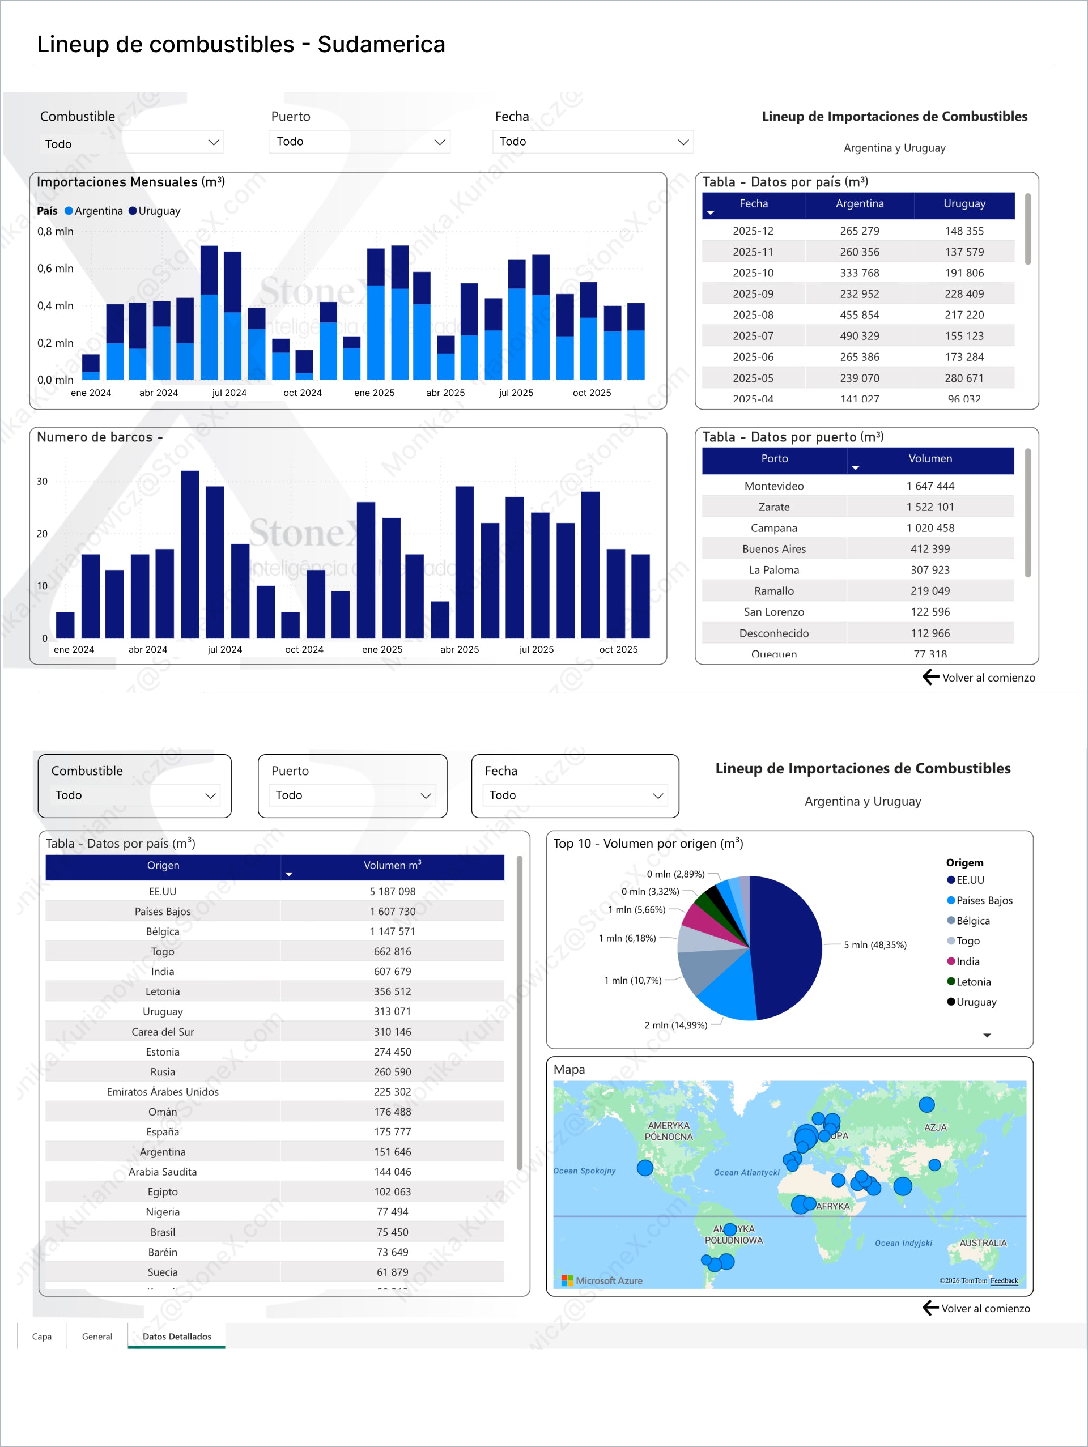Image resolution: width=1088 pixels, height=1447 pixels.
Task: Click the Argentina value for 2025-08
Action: click(x=859, y=314)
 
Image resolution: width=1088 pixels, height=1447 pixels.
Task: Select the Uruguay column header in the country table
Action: click(x=964, y=204)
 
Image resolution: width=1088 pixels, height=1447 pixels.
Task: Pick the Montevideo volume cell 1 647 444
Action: click(x=930, y=486)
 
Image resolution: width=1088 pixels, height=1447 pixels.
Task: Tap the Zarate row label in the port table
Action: click(x=773, y=507)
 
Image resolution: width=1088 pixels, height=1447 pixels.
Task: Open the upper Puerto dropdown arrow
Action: click(x=440, y=142)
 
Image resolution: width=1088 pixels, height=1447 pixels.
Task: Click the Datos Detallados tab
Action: click(x=177, y=1337)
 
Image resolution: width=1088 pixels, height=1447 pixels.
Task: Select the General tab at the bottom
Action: click(x=97, y=1337)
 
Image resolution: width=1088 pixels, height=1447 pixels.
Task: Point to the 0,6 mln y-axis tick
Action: click(x=55, y=268)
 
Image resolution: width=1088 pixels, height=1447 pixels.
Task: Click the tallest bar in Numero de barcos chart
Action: click(x=190, y=554)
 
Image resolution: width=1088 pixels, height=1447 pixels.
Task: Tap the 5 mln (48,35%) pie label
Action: click(x=875, y=944)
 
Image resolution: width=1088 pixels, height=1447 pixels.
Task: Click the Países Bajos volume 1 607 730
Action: click(x=392, y=911)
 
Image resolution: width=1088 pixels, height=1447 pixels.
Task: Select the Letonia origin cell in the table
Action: click(x=162, y=991)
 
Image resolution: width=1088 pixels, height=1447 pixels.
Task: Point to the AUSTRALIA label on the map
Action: click(x=983, y=1243)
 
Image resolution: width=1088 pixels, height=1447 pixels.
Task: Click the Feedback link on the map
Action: click(x=1004, y=1281)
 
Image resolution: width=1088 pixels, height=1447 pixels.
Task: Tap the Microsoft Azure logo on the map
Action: click(x=602, y=1281)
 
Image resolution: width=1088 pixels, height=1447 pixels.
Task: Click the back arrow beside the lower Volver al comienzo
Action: click(x=930, y=1308)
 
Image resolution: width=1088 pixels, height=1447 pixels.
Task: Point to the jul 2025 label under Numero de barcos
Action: click(x=536, y=650)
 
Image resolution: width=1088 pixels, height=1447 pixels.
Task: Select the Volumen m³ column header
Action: click(x=392, y=866)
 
